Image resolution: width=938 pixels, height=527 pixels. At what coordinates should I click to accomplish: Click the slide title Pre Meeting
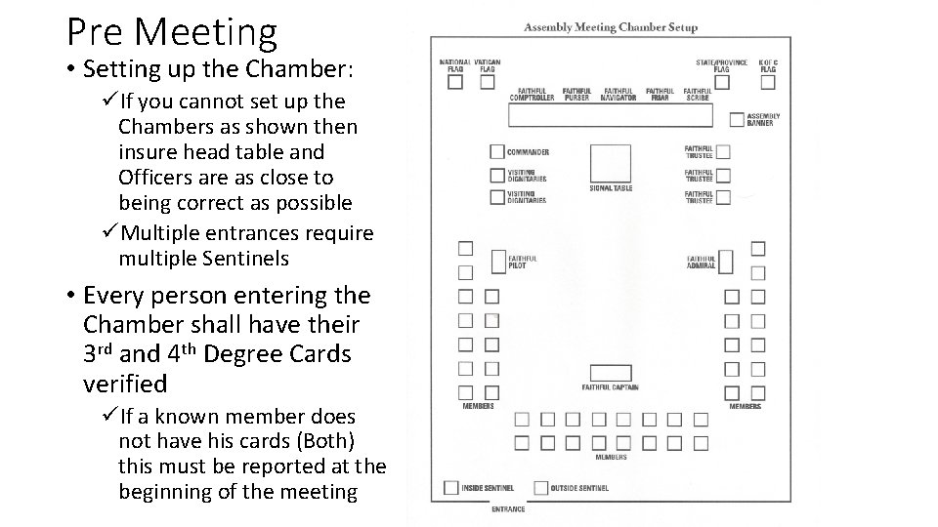(x=172, y=31)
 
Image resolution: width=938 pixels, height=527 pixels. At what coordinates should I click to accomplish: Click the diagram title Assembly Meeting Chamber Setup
(x=611, y=27)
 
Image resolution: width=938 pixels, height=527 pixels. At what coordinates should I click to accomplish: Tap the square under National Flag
(x=455, y=83)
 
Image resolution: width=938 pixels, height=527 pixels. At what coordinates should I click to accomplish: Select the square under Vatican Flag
(x=487, y=83)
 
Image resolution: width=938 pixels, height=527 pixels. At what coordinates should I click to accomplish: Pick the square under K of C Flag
(x=767, y=82)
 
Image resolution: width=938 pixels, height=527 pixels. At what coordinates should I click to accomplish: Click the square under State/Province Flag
(x=721, y=82)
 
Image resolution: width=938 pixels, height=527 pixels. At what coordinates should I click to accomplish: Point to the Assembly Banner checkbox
(x=737, y=120)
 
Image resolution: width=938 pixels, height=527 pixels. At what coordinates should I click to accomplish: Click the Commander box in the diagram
(x=497, y=152)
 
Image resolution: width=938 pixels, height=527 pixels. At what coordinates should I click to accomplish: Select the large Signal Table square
(x=611, y=163)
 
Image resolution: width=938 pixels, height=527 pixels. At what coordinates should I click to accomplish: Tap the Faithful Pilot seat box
(x=497, y=262)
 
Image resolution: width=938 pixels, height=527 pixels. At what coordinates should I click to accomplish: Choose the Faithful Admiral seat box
(x=725, y=262)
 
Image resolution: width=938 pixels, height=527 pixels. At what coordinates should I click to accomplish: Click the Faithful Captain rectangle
(x=611, y=373)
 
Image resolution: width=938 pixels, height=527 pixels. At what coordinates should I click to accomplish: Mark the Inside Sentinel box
(x=450, y=487)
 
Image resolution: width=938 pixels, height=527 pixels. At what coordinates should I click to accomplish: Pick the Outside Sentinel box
(x=539, y=487)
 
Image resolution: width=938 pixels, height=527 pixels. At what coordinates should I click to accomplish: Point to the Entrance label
(x=508, y=509)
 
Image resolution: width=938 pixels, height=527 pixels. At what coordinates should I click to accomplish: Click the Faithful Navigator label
(x=619, y=95)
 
